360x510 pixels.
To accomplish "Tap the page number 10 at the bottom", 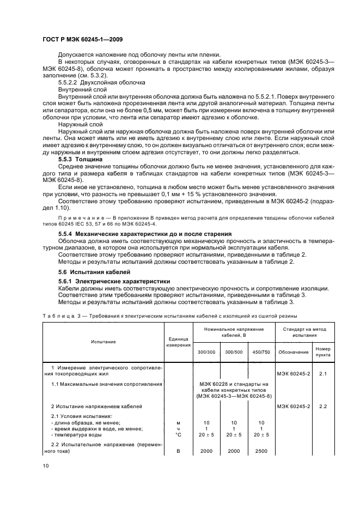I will coord(45,465).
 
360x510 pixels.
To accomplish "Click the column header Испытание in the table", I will coord(103,342).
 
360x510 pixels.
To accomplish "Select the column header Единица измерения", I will coord(178,342).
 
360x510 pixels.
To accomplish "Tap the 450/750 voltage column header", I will coord(261,352).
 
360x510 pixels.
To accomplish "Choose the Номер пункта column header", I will coord(323,351).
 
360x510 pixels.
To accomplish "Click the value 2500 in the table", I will coord(261,452).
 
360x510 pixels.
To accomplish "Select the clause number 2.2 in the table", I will coord(323,406).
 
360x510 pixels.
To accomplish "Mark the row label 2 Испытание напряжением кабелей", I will coord(96,406).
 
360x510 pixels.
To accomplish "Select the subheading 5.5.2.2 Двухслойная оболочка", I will coord(101,82).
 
